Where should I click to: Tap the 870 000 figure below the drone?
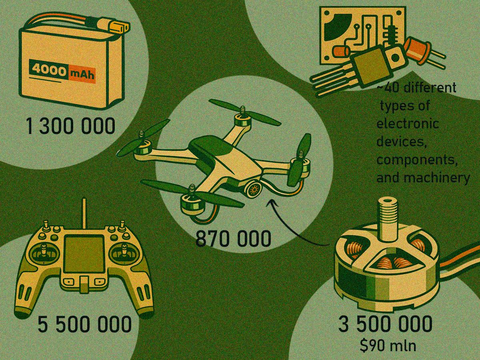tap(233, 239)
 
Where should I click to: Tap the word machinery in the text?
tap(436, 178)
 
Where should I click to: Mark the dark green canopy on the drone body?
tap(210, 146)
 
